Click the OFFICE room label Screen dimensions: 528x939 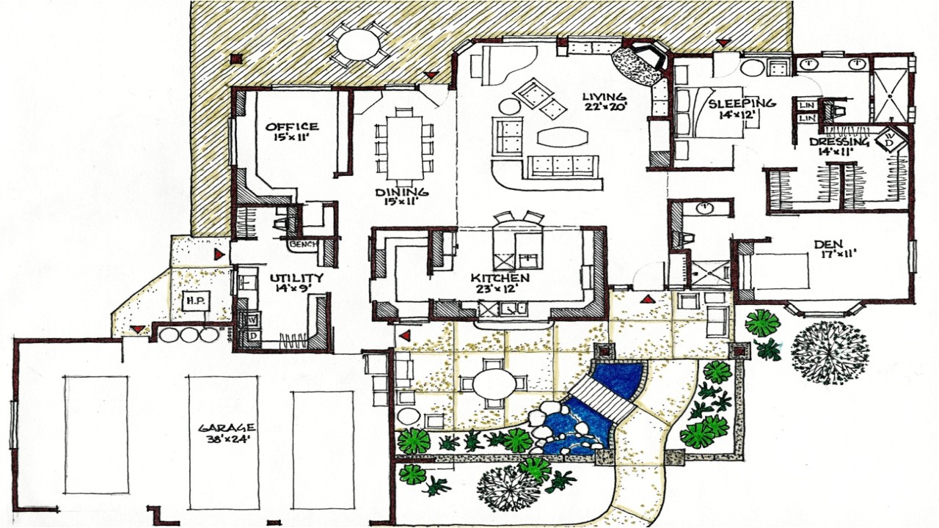[x=292, y=127]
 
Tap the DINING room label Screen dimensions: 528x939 [x=402, y=193]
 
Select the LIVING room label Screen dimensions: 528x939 [x=604, y=97]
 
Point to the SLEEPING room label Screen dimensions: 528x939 [x=742, y=103]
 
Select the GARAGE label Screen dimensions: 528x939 [x=227, y=428]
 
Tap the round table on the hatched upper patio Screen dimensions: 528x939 [x=359, y=43]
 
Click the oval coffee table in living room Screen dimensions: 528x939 [x=563, y=136]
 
